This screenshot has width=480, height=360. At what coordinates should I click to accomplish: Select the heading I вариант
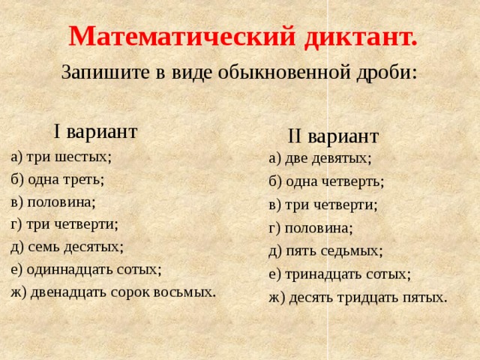pos(95,131)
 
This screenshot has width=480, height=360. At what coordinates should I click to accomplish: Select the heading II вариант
pos(333,136)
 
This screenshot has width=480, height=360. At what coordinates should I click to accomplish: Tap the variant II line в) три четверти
pos(323,204)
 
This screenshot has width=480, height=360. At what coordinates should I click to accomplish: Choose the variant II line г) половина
pos(310,227)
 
